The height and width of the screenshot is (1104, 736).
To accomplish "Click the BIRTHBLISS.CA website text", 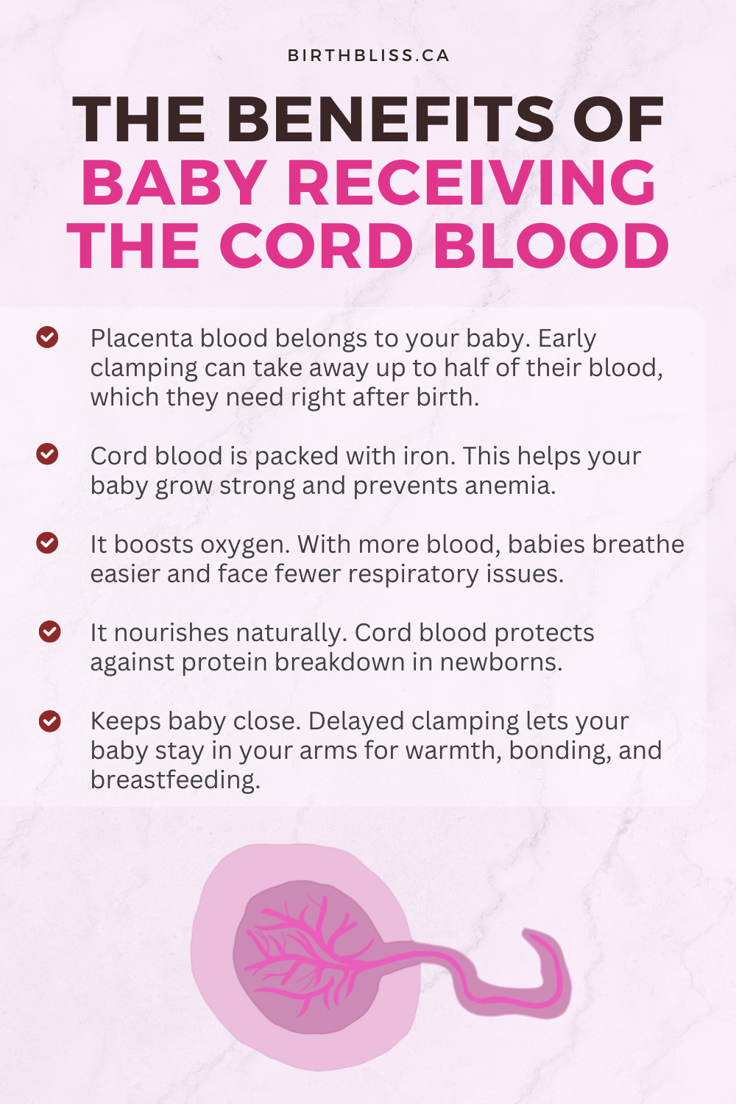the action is click(368, 55).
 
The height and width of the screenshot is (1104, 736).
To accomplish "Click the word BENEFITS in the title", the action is click(390, 119).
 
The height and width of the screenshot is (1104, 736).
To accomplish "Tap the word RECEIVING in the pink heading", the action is click(472, 183).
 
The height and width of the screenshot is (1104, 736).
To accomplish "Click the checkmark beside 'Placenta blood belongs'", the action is click(47, 337).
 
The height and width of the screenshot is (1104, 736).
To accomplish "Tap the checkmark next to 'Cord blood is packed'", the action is click(47, 454).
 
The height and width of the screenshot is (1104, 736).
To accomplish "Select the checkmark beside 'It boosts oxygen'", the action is click(47, 542).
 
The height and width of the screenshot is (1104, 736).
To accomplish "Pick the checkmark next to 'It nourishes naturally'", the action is click(50, 631).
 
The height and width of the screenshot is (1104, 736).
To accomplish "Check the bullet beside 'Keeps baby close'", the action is click(50, 721).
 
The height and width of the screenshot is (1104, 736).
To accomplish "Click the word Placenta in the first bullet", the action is click(141, 339).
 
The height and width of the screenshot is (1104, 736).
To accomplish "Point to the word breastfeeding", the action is click(175, 780).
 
